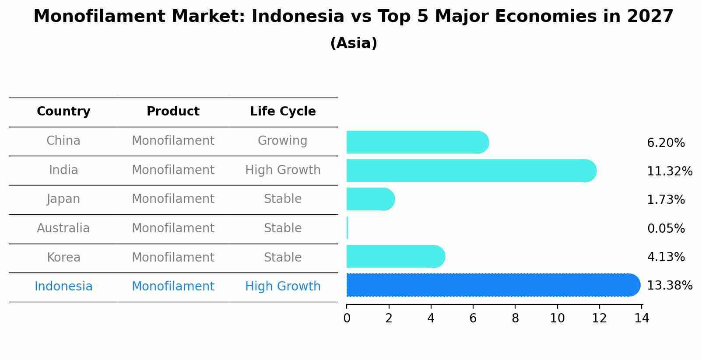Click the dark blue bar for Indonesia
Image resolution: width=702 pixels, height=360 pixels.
pyautogui.click(x=492, y=285)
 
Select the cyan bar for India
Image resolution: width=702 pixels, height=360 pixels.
pyautogui.click(x=470, y=171)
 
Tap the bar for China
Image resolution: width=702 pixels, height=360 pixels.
pyautogui.click(x=417, y=142)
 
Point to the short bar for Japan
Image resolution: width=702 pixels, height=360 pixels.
pyautogui.click(x=370, y=199)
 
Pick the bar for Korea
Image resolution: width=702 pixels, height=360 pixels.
pyautogui.click(x=395, y=256)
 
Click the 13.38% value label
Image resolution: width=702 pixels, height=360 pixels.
pyautogui.click(x=669, y=286)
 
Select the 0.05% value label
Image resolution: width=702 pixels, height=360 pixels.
pyautogui.click(x=666, y=228)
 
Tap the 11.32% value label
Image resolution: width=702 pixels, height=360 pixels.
pyautogui.click(x=669, y=171)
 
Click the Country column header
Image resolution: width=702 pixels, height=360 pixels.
pyautogui.click(x=63, y=112)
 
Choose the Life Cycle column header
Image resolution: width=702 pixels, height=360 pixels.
pyautogui.click(x=283, y=112)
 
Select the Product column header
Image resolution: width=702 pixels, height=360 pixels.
pyautogui.click(x=173, y=112)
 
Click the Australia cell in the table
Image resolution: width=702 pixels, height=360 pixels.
pyautogui.click(x=63, y=228)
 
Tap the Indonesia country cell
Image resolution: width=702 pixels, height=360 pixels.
pyautogui.click(x=63, y=287)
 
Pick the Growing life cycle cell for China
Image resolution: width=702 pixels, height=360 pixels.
pyautogui.click(x=282, y=141)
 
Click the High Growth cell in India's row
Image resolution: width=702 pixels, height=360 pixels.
pyautogui.click(x=283, y=170)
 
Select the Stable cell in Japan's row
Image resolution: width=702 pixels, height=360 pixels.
pyautogui.click(x=283, y=199)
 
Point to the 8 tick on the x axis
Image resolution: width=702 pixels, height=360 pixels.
pyautogui.click(x=515, y=318)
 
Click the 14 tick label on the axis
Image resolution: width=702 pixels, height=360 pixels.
pyautogui.click(x=642, y=318)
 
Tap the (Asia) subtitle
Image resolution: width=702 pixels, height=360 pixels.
pyautogui.click(x=354, y=43)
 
